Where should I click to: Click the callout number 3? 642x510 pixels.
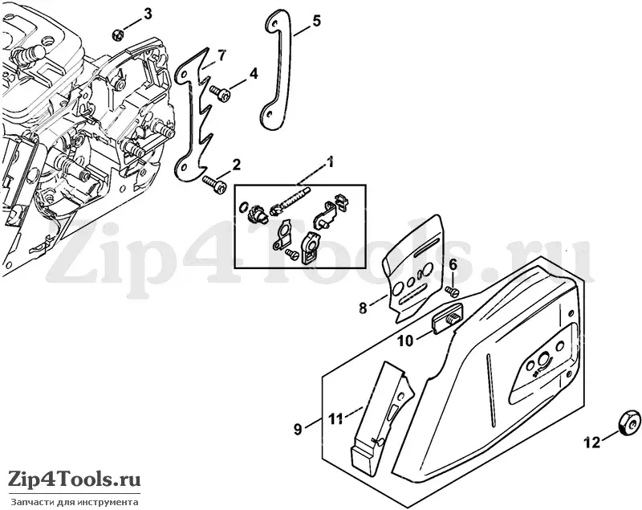click(x=147, y=14)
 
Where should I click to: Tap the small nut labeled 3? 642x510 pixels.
click(x=118, y=35)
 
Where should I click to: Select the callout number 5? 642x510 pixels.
click(x=316, y=21)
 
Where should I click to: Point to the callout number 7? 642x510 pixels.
click(x=221, y=55)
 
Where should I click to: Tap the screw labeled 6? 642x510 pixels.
click(x=452, y=291)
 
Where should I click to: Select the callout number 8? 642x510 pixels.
click(x=363, y=308)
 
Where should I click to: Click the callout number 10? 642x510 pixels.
click(x=406, y=341)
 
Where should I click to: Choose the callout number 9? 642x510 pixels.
click(x=298, y=429)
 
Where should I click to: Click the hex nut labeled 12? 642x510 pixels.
click(x=629, y=421)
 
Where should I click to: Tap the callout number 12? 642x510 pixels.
click(x=592, y=442)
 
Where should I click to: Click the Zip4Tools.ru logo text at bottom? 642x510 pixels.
click(x=75, y=478)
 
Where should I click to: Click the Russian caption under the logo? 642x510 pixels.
click(x=75, y=502)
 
